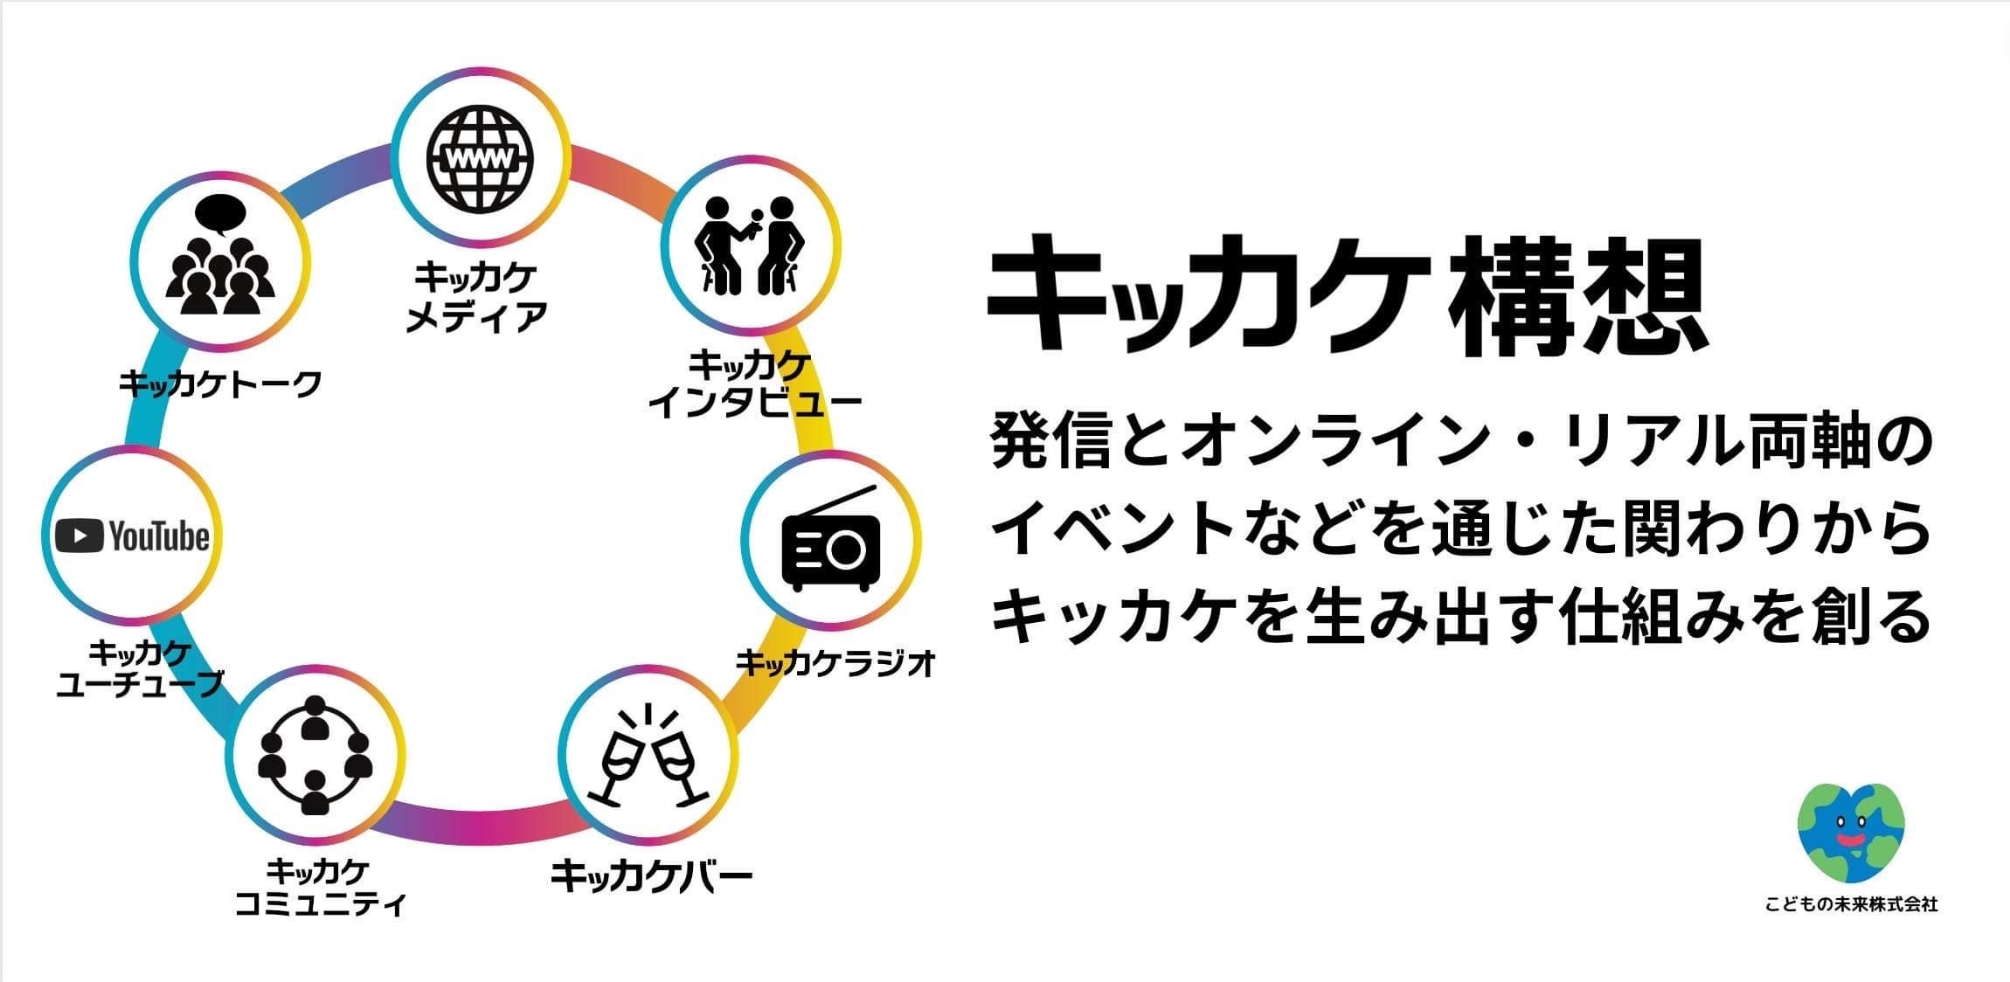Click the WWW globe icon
480,158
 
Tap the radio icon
831,543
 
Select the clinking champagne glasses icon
648,755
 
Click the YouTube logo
132,536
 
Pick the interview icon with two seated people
749,245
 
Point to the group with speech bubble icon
220,262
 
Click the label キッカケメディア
476,297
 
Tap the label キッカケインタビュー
754,384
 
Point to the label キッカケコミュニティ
320,887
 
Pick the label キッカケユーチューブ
140,668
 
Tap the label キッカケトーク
220,384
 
